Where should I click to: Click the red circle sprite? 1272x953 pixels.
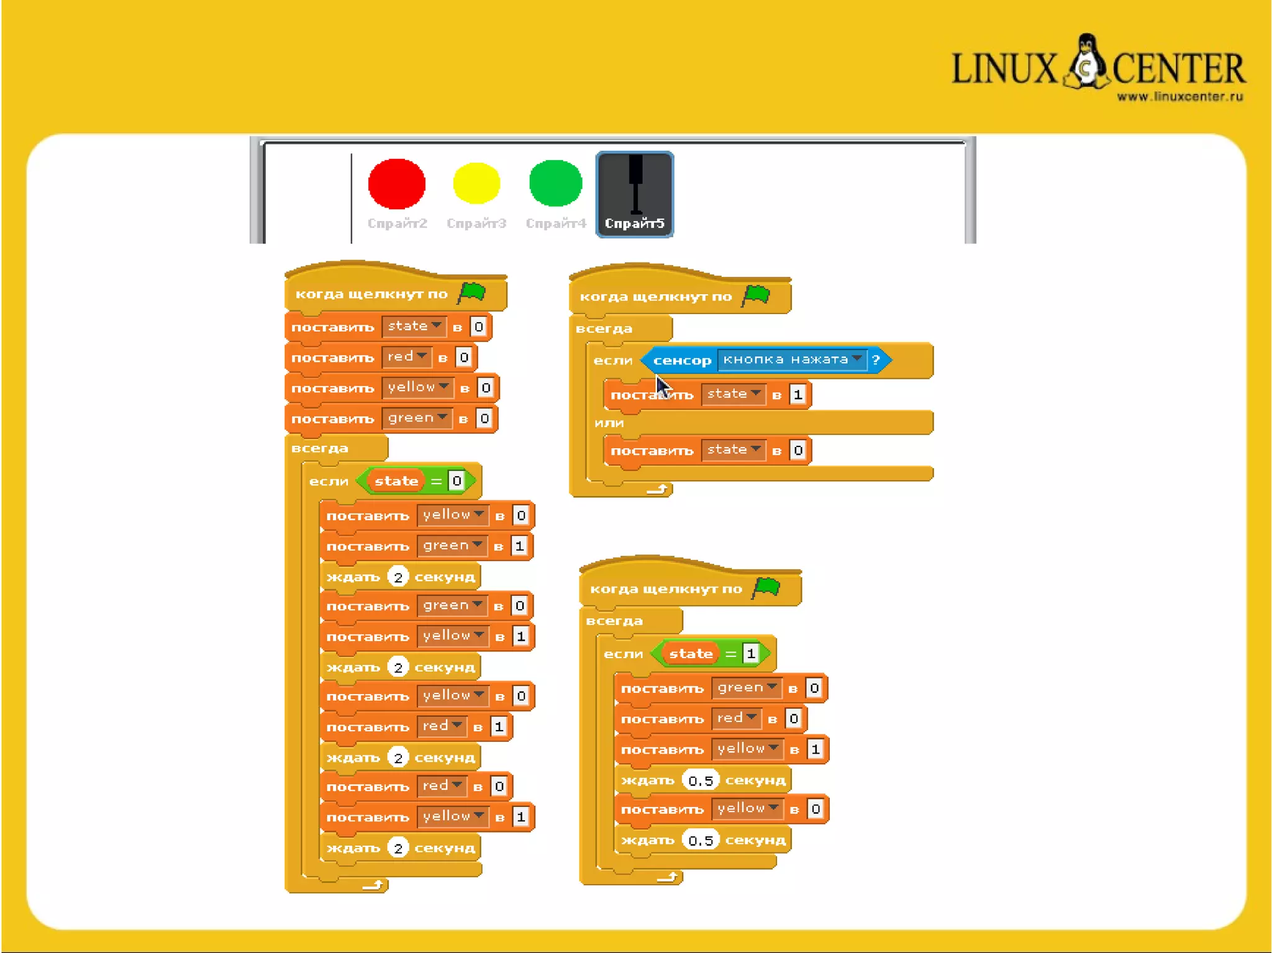point(396,184)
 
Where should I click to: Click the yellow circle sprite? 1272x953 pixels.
point(476,183)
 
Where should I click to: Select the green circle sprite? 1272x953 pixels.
point(555,183)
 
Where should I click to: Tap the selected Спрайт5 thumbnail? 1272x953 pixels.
point(634,194)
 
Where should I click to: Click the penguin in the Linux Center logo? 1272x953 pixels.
point(1086,62)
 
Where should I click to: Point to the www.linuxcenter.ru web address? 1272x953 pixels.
point(1179,97)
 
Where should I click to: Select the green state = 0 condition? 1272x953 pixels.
point(416,481)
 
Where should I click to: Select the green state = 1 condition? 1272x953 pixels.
point(711,653)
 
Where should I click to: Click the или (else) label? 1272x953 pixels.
point(609,423)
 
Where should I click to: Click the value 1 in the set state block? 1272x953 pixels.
point(797,394)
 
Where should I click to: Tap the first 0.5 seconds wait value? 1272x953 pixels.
point(701,780)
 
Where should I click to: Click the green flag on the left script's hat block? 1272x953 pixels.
point(472,292)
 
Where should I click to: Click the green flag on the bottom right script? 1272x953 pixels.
point(766,587)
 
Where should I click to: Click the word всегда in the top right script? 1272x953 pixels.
point(604,328)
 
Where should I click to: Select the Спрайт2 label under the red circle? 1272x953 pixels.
point(397,224)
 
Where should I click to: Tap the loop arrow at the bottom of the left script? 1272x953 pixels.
point(373,885)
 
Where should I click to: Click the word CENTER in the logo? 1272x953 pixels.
point(1178,68)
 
